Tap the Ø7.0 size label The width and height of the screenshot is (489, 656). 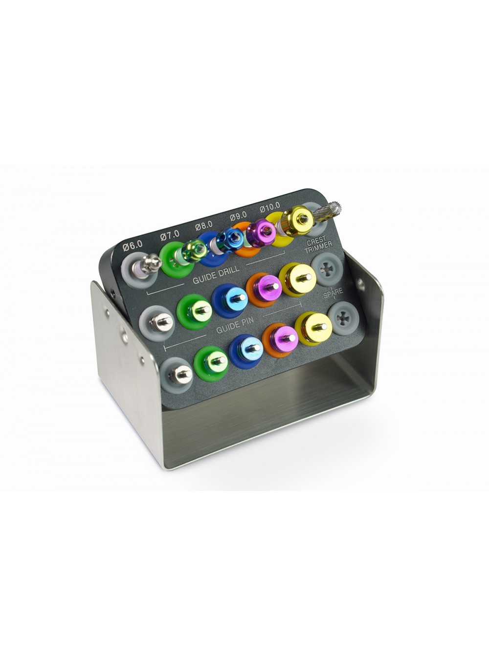(x=170, y=236)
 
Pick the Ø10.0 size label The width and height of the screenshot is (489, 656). (x=269, y=207)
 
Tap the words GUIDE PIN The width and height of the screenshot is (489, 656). (x=235, y=325)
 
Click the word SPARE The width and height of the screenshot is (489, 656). (x=333, y=293)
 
